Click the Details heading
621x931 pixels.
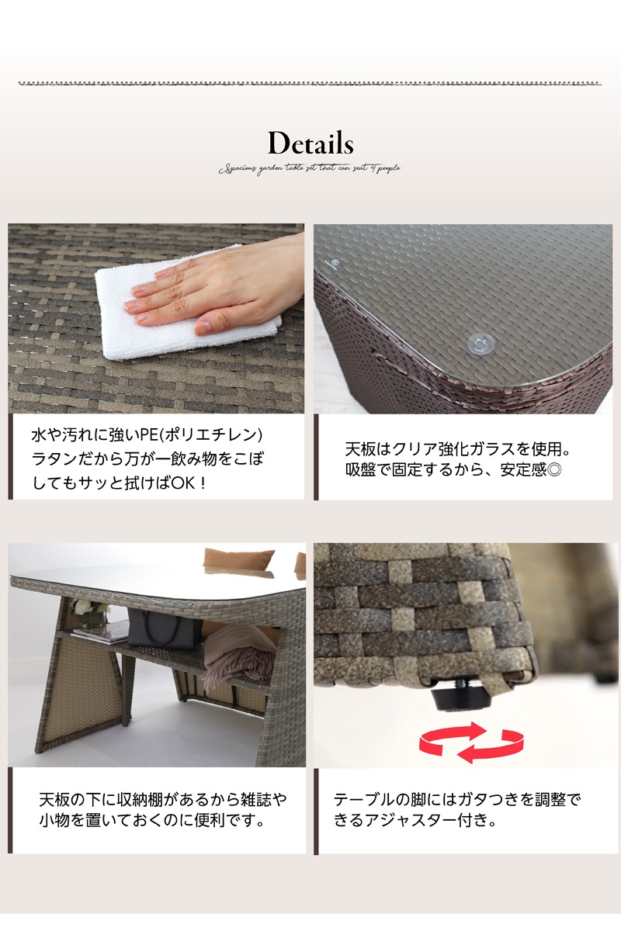(310, 144)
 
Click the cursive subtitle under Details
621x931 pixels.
(310, 168)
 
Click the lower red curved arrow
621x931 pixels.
(485, 751)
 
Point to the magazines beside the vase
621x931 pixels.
(101, 635)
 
